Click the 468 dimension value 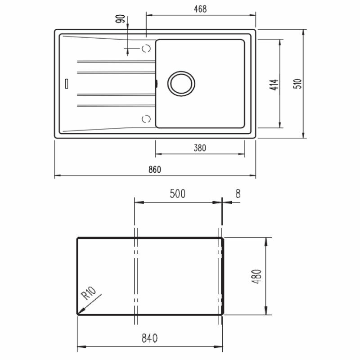pos(200,9)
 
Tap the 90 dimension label pos(120,19)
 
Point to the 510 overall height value pos(297,84)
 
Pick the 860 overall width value pos(154,170)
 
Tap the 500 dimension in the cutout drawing pos(177,194)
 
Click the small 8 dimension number pos(238,194)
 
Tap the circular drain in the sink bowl pos(181,83)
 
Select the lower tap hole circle pos(145,118)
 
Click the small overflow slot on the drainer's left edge pos(67,83)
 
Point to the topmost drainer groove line pos(116,62)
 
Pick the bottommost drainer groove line pos(116,106)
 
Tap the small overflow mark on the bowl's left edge pos(156,83)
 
